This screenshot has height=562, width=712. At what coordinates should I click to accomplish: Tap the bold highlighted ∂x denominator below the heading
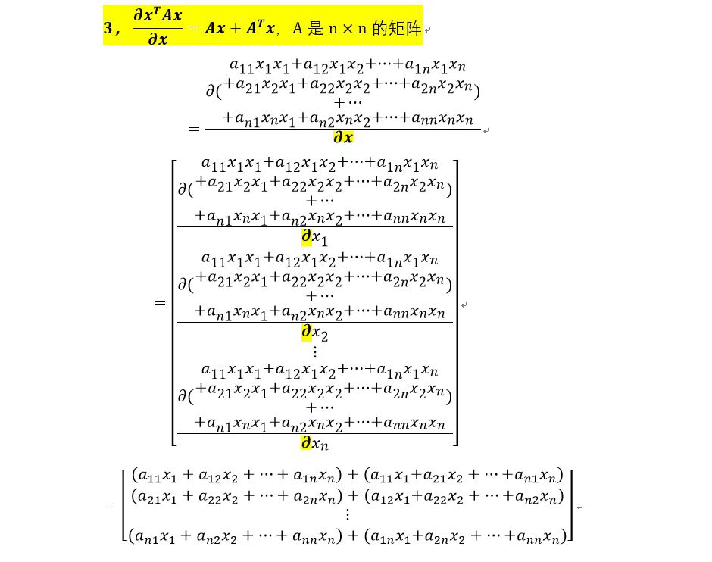(x=343, y=139)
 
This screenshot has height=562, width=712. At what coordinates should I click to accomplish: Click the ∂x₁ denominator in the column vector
(x=314, y=238)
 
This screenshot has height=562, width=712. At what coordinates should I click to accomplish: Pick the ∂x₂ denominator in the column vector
(x=314, y=333)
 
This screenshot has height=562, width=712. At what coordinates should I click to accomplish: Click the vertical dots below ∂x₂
(x=315, y=351)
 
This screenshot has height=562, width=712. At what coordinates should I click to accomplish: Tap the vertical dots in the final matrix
(x=348, y=514)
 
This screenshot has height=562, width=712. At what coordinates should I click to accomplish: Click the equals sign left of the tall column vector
(x=160, y=304)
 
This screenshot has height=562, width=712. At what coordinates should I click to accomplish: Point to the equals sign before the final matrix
(x=109, y=506)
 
